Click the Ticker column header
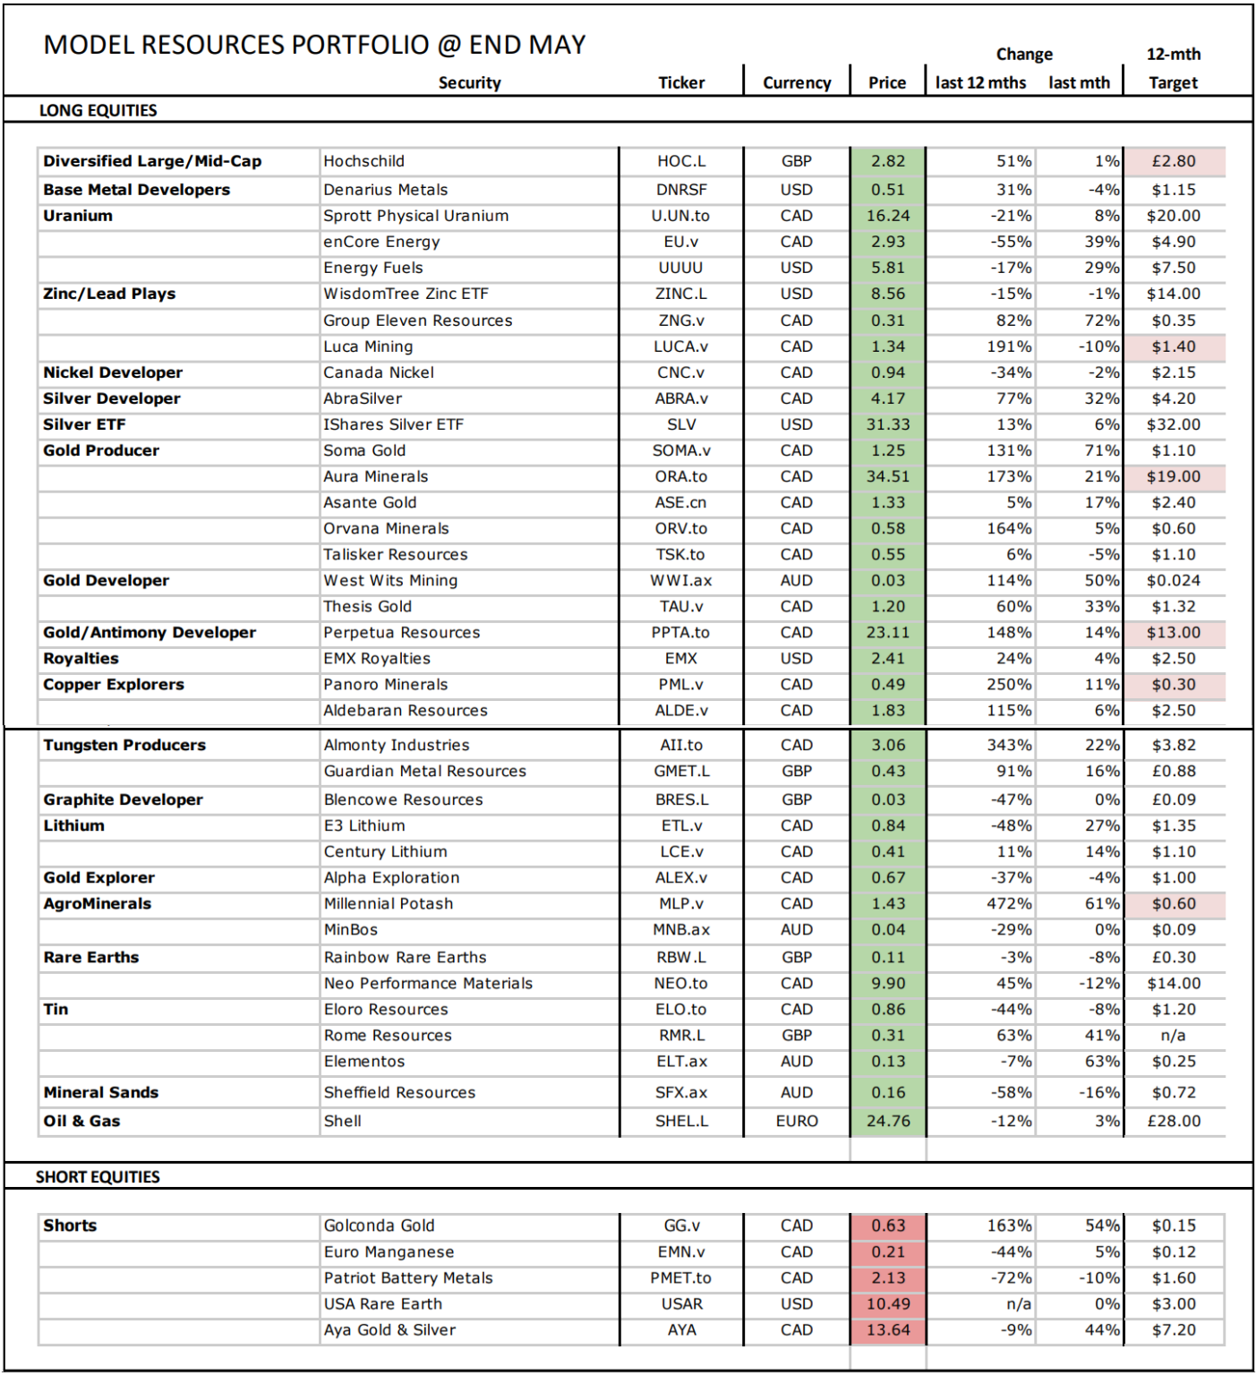tap(681, 82)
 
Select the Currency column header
tap(797, 82)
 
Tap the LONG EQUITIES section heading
tap(98, 110)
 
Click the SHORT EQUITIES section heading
tap(98, 1176)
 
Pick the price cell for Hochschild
tap(888, 161)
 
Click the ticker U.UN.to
tap(680, 216)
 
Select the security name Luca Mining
tap(368, 346)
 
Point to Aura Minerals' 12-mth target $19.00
tap(1174, 476)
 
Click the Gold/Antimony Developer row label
tap(150, 632)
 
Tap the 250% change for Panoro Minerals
tap(1009, 684)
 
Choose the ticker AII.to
tap(681, 745)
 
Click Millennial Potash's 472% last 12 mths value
tap(1009, 903)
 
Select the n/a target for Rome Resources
tap(1173, 1035)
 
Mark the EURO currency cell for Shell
tap(797, 1121)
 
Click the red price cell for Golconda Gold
tap(888, 1226)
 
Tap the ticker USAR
tap(681, 1303)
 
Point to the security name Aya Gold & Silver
tap(389, 1329)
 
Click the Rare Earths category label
tap(91, 957)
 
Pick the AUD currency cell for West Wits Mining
tap(796, 580)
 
